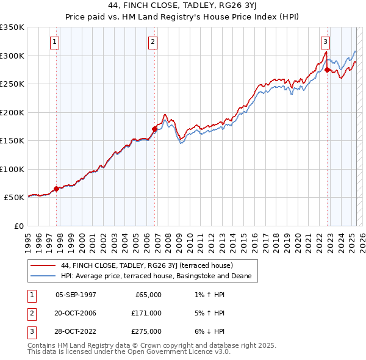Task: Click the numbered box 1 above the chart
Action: [x=55, y=42]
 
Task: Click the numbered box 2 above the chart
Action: [x=152, y=42]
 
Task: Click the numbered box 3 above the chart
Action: [x=326, y=42]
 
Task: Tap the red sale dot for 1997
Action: [x=57, y=189]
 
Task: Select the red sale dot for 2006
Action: [x=154, y=128]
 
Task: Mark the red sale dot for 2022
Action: [x=328, y=70]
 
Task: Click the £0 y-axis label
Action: [x=18, y=226]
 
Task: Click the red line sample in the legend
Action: [x=43, y=265]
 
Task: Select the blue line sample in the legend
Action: [x=43, y=276]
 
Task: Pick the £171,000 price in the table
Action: [x=147, y=313]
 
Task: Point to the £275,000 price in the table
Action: [x=147, y=331]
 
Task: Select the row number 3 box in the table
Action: [x=31, y=331]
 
